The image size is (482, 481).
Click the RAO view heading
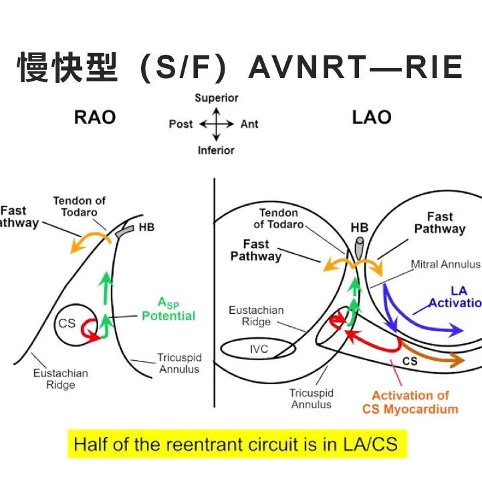click(94, 118)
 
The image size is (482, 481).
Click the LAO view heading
click(371, 118)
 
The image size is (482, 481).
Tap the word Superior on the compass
click(217, 98)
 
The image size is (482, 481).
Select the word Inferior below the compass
click(216, 150)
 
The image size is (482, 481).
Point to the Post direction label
click(180, 124)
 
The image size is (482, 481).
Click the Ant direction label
click(249, 124)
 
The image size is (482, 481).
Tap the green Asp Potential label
click(168, 310)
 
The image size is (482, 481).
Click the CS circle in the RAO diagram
click(67, 323)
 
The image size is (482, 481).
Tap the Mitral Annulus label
click(445, 265)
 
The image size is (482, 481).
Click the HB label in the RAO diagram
click(146, 228)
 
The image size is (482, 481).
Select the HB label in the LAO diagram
click(359, 228)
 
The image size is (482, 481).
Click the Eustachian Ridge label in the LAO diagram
click(256, 316)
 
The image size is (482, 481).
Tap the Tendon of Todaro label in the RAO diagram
click(80, 206)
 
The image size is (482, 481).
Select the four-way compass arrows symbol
click(216, 124)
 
